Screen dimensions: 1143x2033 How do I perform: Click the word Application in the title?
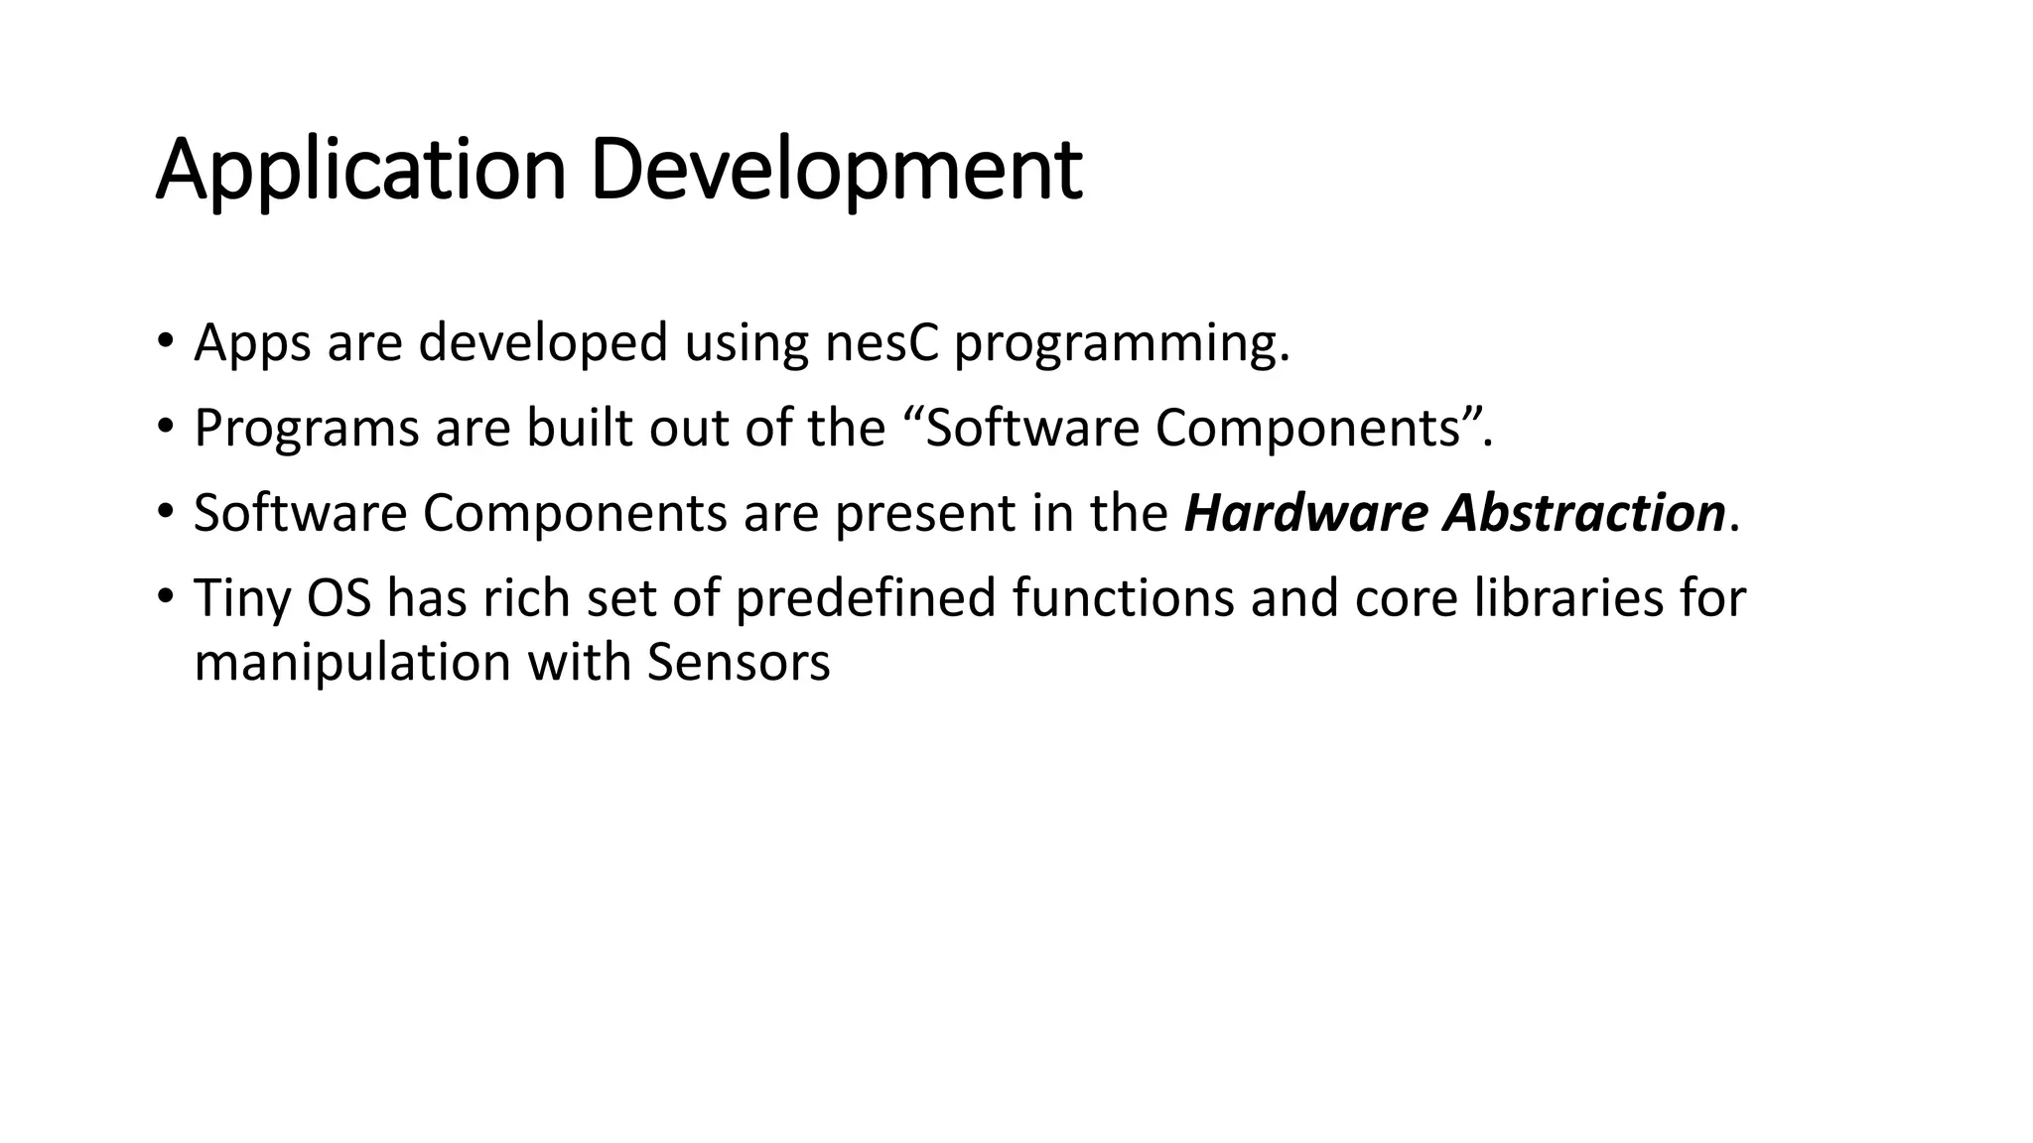[360, 171]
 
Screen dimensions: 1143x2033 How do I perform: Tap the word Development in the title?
[836, 171]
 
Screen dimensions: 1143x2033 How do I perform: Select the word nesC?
[881, 343]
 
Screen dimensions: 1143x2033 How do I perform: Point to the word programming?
[1121, 343]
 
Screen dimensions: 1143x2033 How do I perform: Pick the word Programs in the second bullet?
[306, 429]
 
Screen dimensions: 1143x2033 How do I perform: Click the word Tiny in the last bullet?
[241, 599]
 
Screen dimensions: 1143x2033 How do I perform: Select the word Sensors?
[739, 663]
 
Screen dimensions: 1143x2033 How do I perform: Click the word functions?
[1123, 598]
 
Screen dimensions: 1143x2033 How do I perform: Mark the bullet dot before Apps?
[165, 342]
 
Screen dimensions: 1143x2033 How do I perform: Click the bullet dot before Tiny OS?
[165, 597]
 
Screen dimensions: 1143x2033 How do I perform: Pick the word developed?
[543, 343]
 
